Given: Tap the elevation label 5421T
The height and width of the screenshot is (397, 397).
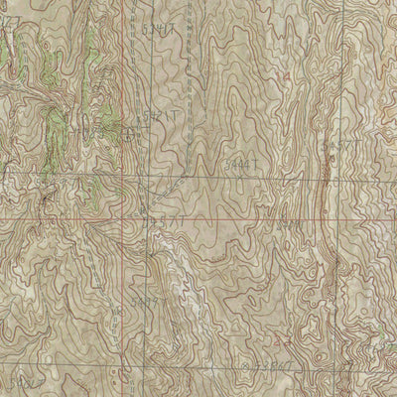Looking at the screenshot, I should tap(161, 117).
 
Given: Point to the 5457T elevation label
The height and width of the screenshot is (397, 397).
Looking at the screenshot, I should tap(338, 147).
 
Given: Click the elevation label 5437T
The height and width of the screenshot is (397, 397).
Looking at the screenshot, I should tap(163, 221).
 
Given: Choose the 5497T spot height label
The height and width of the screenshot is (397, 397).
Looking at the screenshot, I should tap(147, 302).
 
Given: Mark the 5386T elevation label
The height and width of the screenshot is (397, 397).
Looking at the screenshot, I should tap(272, 365).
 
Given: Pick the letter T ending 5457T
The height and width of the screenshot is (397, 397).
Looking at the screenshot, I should tap(354, 147).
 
